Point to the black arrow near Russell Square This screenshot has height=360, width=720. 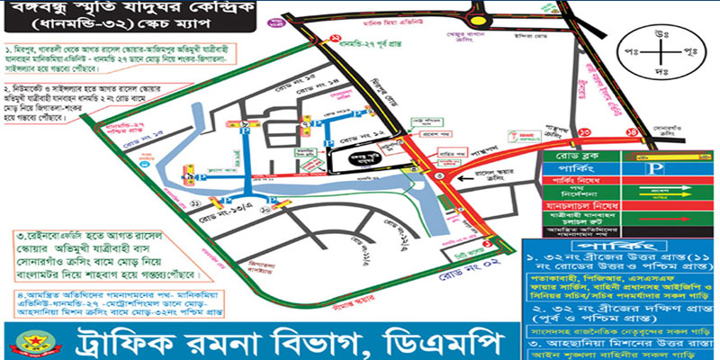(461, 179)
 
